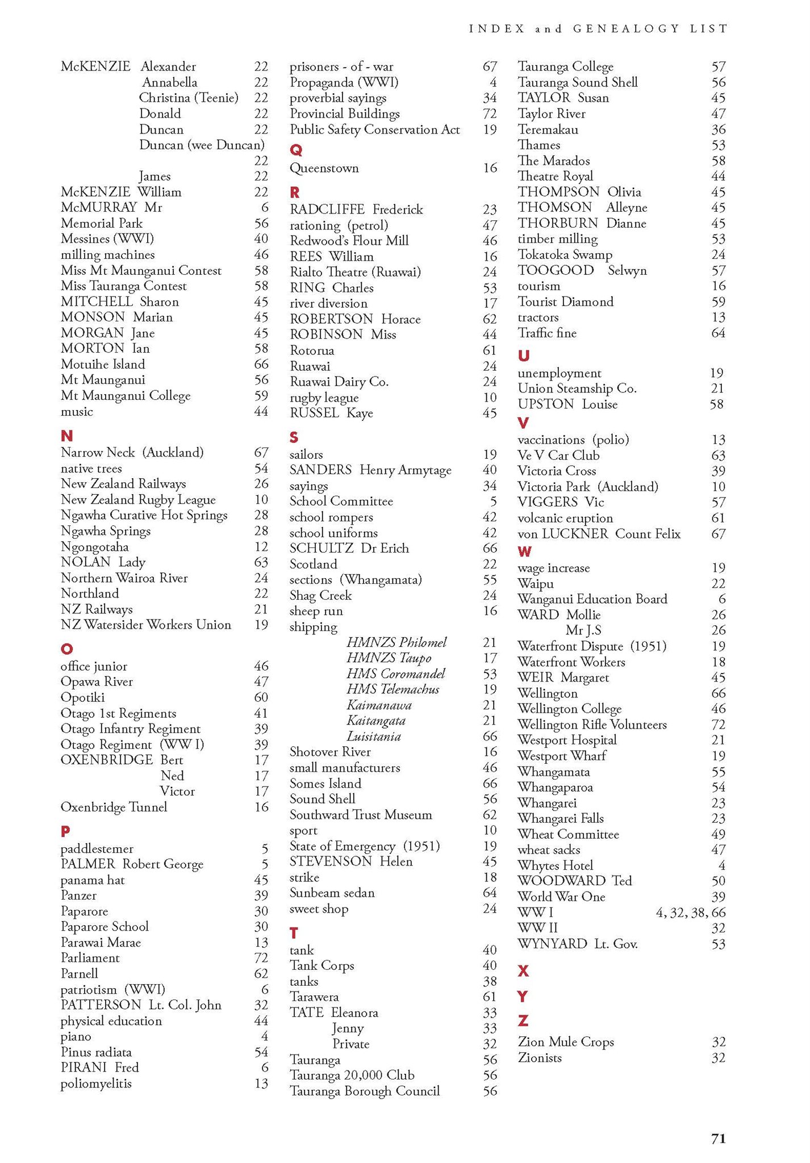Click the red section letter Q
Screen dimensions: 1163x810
point(296,150)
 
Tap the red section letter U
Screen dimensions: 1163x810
point(524,355)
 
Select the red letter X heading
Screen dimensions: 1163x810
point(524,970)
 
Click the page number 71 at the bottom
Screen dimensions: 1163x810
point(719,1138)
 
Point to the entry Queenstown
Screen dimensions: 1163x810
point(324,168)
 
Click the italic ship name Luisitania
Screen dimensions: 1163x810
point(374,737)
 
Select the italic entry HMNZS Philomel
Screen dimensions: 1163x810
point(396,642)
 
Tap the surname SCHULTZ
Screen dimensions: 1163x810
point(322,548)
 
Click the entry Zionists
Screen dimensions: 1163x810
point(540,1058)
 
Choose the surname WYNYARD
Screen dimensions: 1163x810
point(552,944)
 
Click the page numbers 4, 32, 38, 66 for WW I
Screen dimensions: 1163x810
point(691,913)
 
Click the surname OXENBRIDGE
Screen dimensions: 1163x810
point(107,760)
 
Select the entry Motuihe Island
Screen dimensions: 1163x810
point(103,364)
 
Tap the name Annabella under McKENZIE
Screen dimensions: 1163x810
point(170,82)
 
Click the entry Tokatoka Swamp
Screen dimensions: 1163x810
point(565,254)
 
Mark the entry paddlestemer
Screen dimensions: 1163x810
point(97,849)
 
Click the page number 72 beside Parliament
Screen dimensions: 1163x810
point(261,958)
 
